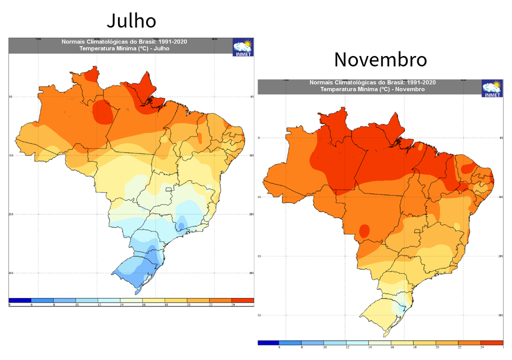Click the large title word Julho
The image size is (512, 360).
pos(131,21)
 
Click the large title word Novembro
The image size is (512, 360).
pos(380,59)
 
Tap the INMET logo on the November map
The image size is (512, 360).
pos(492,89)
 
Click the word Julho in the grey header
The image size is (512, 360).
pos(161,49)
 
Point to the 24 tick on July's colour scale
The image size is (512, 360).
pos(233,304)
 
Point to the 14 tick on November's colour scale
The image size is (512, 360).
pos(370,346)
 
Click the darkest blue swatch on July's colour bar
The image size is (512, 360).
pos(20,300)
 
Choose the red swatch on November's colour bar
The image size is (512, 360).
pos(492,342)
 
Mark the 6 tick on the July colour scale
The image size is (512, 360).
pos(31,304)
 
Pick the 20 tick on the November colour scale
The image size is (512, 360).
pos(437,346)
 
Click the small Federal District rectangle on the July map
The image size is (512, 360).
pos(169,189)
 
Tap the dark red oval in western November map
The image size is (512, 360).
pos(364,230)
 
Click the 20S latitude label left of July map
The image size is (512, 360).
pos(11,214)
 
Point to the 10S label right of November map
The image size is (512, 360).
pos(501,197)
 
